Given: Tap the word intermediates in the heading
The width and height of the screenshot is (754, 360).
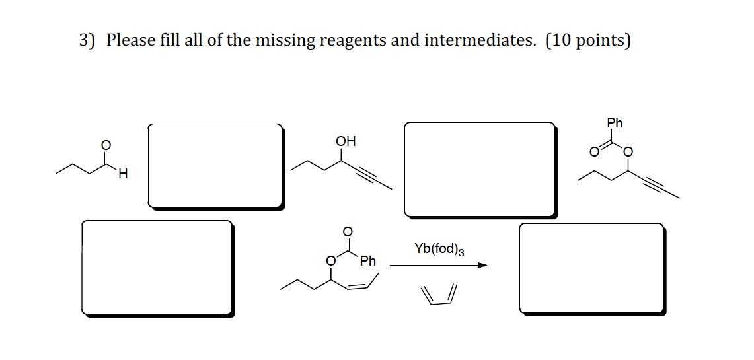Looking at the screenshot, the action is (480, 40).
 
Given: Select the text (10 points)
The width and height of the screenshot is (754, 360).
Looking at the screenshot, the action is (587, 40).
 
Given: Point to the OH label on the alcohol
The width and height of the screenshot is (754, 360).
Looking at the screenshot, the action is (345, 141).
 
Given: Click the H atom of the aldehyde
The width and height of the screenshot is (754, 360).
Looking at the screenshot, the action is (124, 174).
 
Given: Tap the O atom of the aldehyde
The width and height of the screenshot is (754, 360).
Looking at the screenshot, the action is (104, 145).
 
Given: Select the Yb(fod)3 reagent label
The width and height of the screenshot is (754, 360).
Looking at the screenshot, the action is (439, 249).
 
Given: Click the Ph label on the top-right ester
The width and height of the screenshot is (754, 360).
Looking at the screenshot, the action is (615, 123).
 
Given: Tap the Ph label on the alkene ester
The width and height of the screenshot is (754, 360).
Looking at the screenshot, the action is (368, 261).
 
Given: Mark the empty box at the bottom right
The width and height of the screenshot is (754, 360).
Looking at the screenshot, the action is (591, 268).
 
